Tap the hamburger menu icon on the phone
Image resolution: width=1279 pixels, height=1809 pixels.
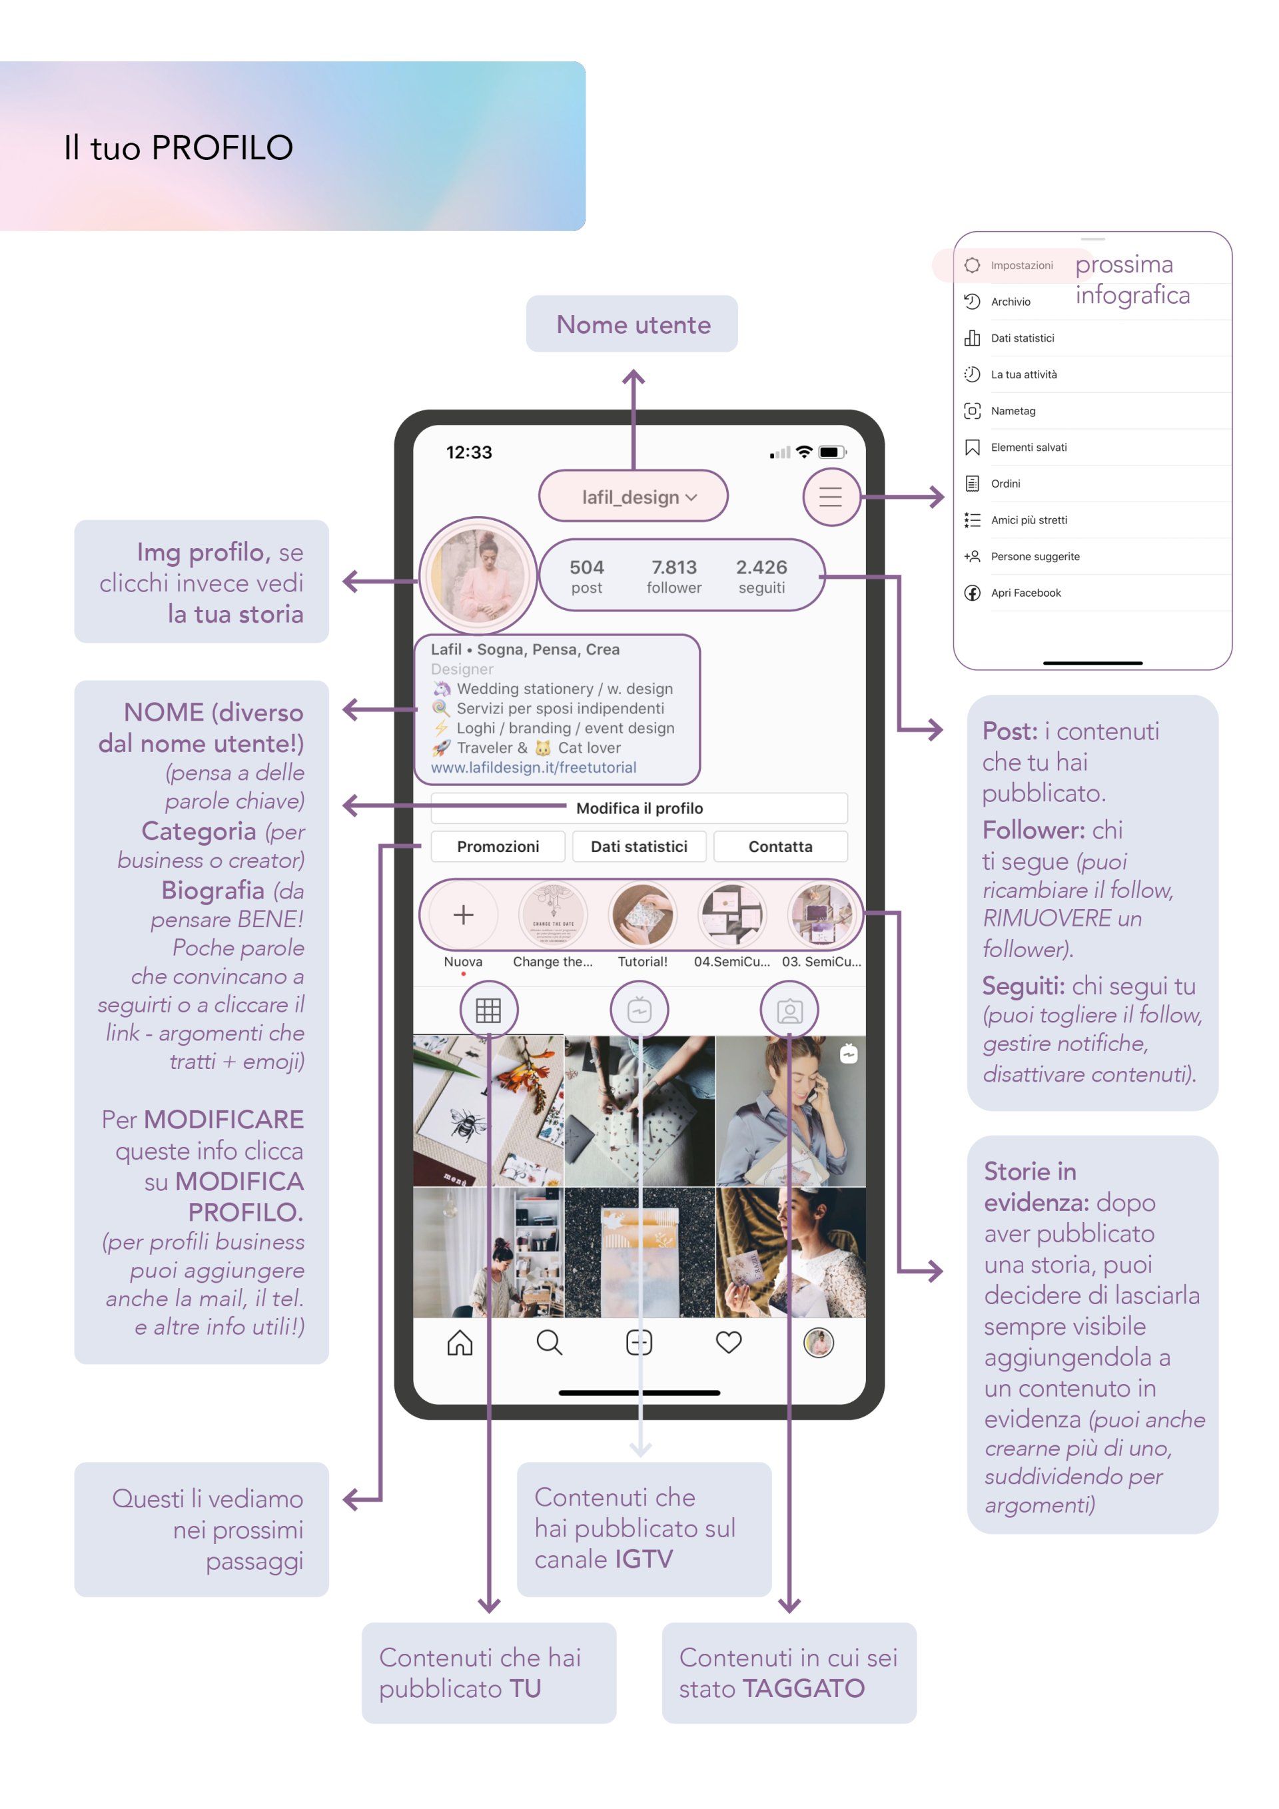[830, 497]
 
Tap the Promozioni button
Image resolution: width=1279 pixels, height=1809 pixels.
[498, 846]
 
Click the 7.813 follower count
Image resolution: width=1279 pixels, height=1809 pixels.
[673, 577]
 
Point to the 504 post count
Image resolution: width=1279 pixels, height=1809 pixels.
[586, 577]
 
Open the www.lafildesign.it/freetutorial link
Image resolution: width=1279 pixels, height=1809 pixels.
[534, 767]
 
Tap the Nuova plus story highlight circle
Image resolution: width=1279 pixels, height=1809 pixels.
[464, 914]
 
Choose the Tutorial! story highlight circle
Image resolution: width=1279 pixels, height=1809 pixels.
[642, 914]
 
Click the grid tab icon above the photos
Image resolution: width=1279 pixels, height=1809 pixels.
[488, 1010]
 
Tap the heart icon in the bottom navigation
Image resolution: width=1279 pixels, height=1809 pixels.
[729, 1342]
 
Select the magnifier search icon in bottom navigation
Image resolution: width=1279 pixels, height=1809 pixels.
[550, 1342]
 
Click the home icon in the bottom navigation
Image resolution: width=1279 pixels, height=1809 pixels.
[460, 1342]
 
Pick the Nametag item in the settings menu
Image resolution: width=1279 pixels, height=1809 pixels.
[1013, 410]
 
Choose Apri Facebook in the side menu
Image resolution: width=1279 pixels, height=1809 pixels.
[1026, 593]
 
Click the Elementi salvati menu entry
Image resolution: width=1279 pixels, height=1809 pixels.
[1029, 447]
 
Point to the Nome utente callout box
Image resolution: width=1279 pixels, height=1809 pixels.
[632, 324]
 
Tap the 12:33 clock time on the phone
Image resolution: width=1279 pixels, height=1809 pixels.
[469, 452]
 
